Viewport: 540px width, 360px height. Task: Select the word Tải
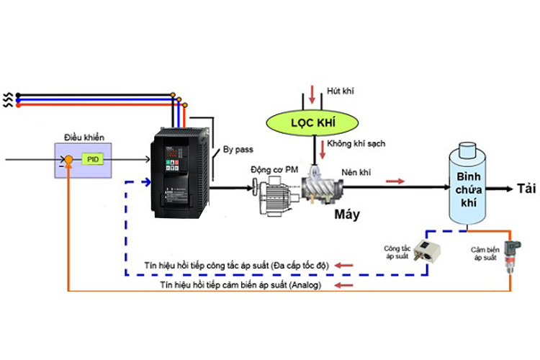click(526, 189)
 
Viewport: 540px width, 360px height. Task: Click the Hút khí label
click(339, 91)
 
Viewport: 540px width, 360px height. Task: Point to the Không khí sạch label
click(356, 144)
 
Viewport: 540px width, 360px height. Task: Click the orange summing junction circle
click(68, 159)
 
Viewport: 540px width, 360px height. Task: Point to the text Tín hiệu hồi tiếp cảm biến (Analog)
click(240, 285)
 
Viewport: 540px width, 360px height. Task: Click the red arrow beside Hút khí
click(312, 93)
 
